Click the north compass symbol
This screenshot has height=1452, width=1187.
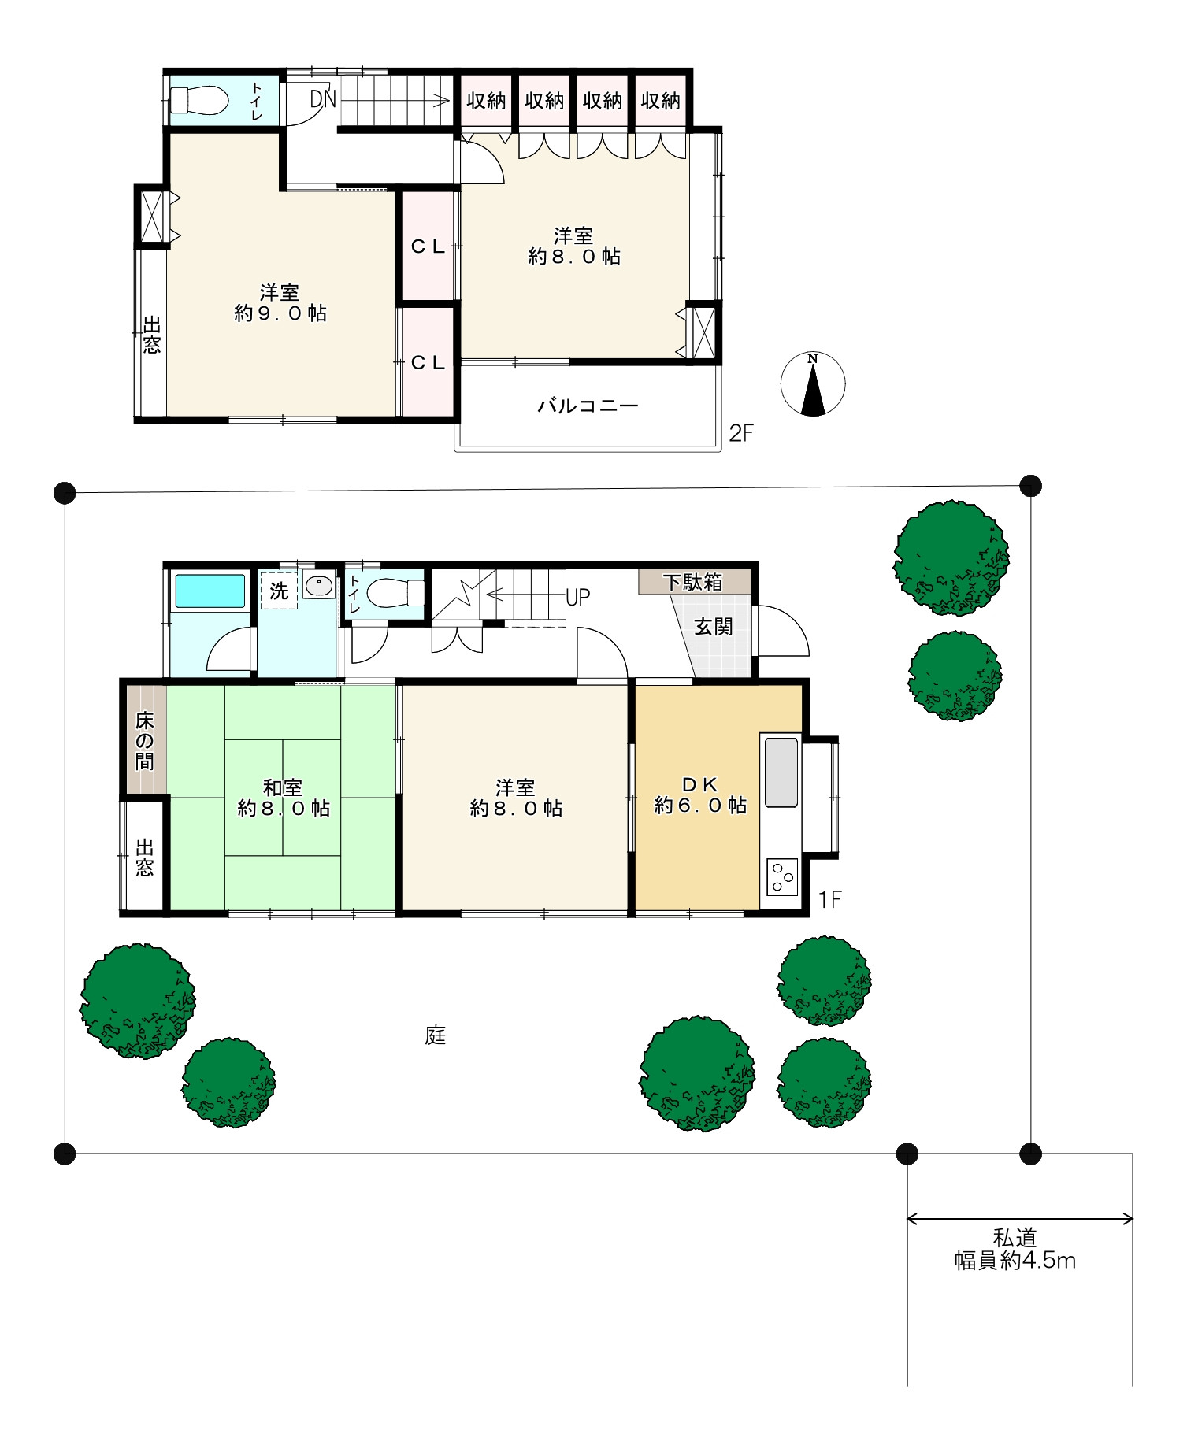[x=813, y=384]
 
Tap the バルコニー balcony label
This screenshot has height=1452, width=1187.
[x=588, y=406]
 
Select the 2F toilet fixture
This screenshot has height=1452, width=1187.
[x=198, y=101]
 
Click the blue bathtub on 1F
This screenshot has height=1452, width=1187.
[x=210, y=591]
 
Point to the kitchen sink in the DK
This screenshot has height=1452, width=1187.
[x=781, y=772]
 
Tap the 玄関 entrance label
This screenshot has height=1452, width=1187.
[x=714, y=627]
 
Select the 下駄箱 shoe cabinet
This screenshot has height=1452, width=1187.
[x=694, y=582]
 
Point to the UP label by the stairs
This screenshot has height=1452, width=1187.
[x=577, y=598]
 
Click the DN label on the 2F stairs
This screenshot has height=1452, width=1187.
[x=323, y=99]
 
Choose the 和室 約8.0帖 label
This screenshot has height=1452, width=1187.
[x=284, y=798]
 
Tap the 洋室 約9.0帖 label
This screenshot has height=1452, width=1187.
[x=280, y=303]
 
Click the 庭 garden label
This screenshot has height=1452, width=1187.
[x=436, y=1035]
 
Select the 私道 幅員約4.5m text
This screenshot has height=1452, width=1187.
[x=1015, y=1250]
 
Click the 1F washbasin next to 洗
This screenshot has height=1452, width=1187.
[x=319, y=587]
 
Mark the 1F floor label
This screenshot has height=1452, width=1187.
[x=830, y=899]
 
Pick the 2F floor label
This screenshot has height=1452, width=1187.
[x=741, y=433]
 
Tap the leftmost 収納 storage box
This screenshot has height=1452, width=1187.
[x=486, y=101]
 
